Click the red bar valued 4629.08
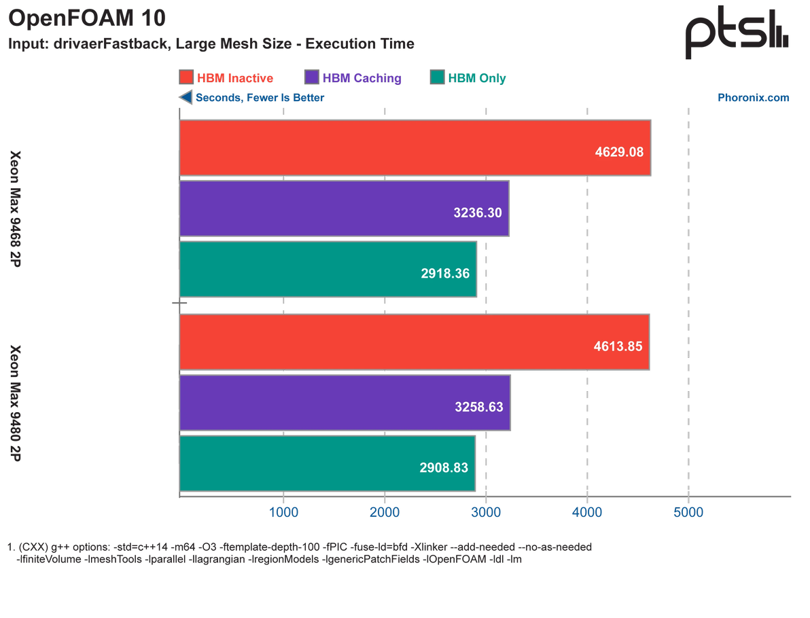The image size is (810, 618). [415, 148]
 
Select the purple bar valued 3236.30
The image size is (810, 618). [344, 208]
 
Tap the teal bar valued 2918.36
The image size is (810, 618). [328, 269]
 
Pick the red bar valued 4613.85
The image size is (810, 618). [415, 342]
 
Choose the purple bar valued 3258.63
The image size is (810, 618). [345, 403]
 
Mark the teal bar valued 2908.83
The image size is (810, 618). [327, 463]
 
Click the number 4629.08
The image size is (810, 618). [619, 151]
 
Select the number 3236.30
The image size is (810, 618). [478, 212]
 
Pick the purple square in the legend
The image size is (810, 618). [313, 77]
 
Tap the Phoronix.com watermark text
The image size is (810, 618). [754, 98]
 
